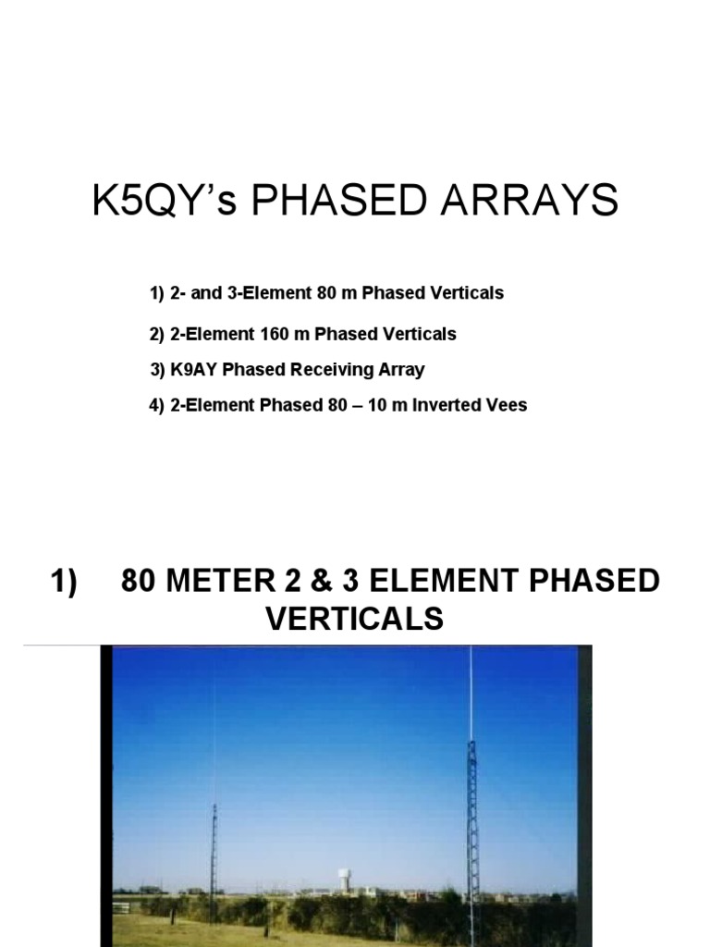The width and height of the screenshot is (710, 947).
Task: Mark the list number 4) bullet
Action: point(156,405)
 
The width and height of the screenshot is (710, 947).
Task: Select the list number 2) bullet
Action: point(156,333)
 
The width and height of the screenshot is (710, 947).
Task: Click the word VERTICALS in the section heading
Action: point(355,619)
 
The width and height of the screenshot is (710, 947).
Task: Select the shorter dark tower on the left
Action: point(214,851)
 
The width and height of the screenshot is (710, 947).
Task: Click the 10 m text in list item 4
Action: point(385,405)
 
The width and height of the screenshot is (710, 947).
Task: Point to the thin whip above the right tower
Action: point(471,694)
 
